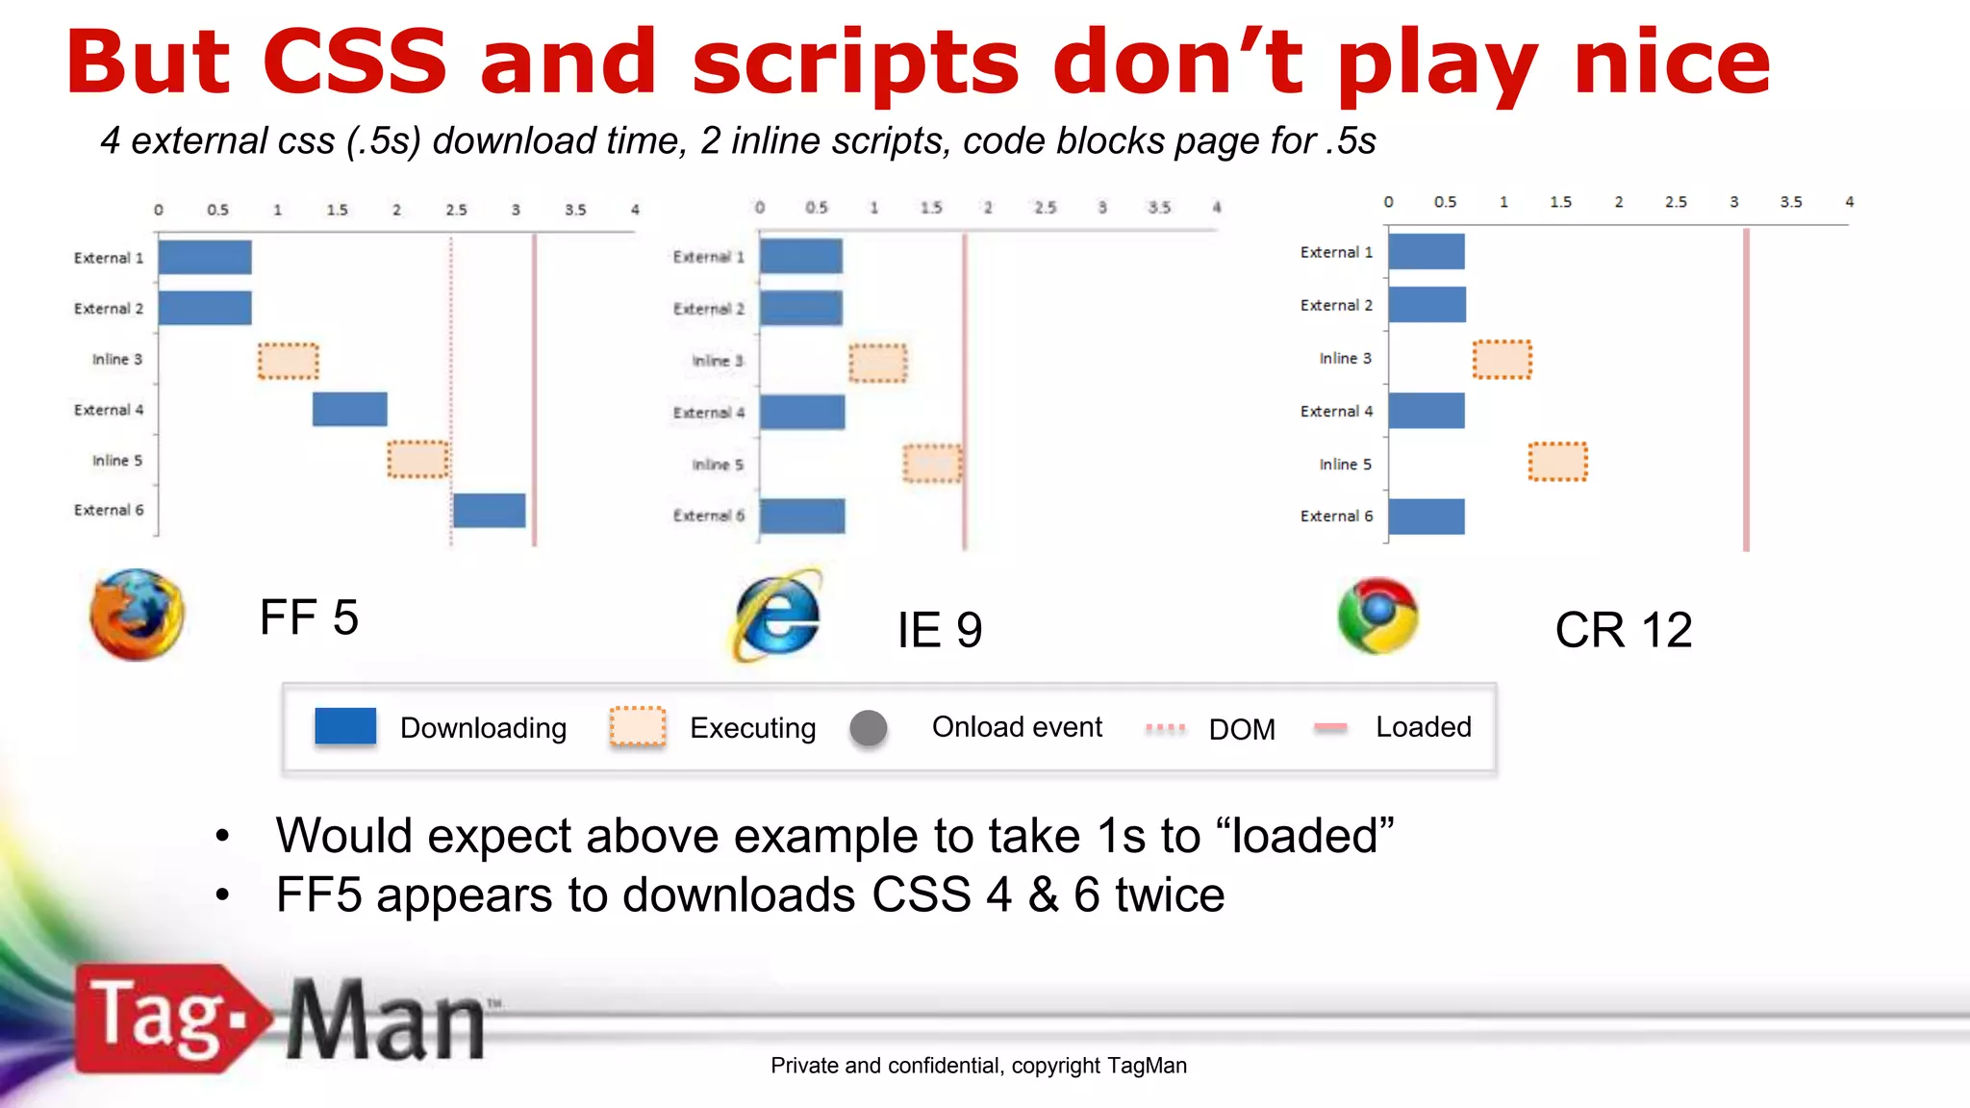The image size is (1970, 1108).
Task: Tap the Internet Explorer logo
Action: click(777, 617)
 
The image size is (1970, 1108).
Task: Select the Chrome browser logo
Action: click(1377, 616)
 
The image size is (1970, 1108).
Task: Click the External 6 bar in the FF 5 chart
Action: click(490, 511)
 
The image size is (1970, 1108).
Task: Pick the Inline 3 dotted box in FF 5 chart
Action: click(288, 361)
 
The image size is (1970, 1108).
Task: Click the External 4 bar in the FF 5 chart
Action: click(350, 409)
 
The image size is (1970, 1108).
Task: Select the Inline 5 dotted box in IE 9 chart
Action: click(932, 464)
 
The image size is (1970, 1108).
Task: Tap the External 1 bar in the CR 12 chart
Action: click(1427, 252)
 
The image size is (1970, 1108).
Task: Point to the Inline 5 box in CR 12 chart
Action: click(1557, 462)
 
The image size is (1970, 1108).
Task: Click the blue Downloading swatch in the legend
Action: click(345, 726)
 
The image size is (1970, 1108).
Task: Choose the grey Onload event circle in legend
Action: click(869, 728)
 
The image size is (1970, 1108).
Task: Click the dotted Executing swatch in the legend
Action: click(638, 727)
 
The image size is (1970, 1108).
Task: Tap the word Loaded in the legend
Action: click(1423, 727)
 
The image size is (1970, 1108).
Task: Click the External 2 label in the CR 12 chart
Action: click(1336, 306)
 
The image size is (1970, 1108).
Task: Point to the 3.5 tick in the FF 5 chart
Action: click(575, 210)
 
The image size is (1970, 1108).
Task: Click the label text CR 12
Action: click(1623, 631)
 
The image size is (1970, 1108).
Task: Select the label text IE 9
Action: click(939, 631)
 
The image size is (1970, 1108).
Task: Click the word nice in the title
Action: click(1672, 63)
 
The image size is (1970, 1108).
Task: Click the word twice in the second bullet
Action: click(1169, 895)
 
